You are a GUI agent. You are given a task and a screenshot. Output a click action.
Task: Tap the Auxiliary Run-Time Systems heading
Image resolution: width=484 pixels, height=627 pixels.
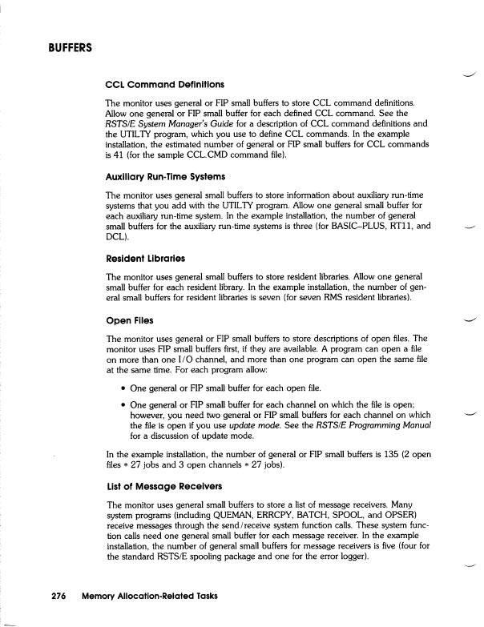pyautogui.click(x=165, y=175)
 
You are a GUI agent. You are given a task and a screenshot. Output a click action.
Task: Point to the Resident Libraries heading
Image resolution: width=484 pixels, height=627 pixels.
pyautogui.click(x=146, y=259)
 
